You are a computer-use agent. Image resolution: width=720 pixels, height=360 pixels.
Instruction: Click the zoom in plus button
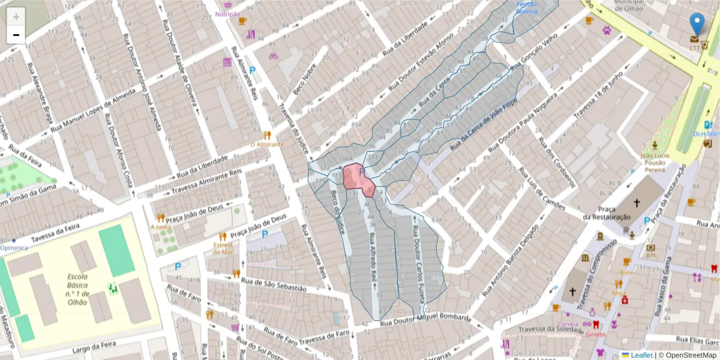coord(16,17)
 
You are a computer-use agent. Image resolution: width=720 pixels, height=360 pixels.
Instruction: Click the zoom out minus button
coord(16,35)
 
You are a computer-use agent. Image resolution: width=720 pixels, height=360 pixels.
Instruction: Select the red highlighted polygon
coord(358,179)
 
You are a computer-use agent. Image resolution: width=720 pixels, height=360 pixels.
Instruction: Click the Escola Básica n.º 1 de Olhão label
coord(78,290)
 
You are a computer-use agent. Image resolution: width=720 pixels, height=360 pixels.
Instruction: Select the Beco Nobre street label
coord(305,80)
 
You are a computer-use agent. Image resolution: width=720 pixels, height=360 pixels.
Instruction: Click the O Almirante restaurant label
coord(267,145)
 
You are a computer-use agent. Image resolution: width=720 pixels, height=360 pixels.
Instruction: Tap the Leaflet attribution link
coord(641,355)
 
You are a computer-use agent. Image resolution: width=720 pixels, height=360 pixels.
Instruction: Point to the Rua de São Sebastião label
coord(274,284)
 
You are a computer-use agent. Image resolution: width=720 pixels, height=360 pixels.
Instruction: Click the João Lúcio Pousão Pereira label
coord(655,162)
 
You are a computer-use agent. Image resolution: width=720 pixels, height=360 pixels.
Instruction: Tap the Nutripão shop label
coord(228,14)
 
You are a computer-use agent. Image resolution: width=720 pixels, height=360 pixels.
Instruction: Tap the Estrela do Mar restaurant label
coord(223,248)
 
